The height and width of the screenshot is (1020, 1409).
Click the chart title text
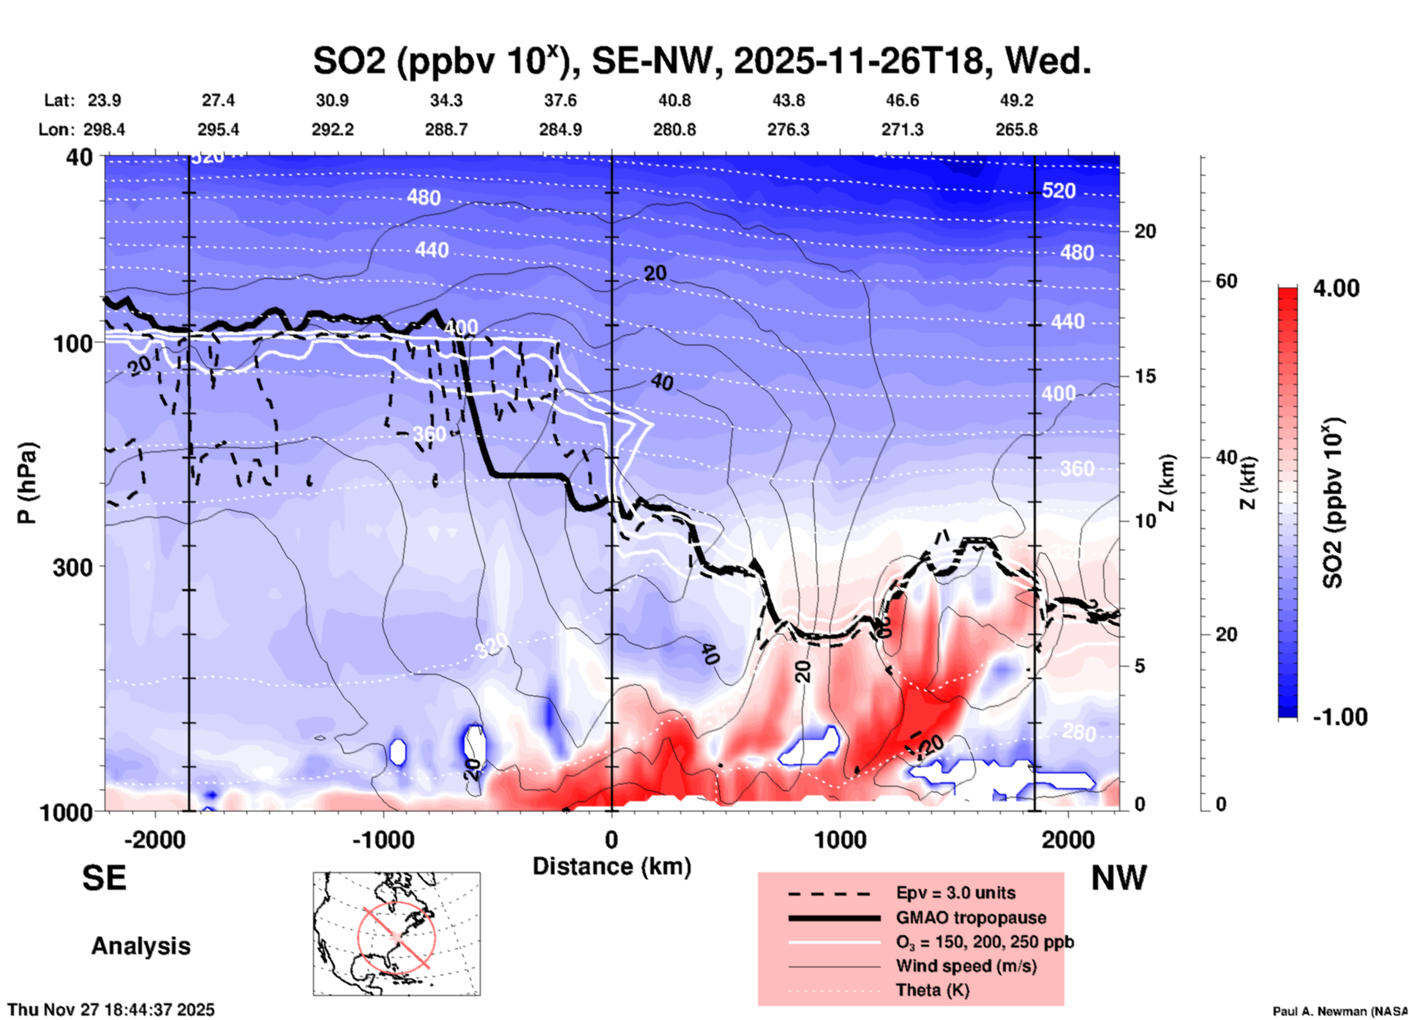(702, 60)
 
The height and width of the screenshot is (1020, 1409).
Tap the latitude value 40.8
(674, 100)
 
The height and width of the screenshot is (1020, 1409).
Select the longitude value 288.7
(446, 130)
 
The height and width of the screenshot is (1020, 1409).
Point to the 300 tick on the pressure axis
(73, 567)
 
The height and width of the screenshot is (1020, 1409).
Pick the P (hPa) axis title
(26, 483)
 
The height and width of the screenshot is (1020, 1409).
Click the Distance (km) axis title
(612, 866)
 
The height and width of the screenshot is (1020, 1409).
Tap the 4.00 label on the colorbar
(1336, 288)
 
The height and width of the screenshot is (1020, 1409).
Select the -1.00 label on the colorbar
(1340, 716)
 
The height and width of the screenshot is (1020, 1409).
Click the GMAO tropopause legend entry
(971, 918)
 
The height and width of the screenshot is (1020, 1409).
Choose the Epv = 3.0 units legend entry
(955, 893)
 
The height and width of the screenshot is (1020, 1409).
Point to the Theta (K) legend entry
(932, 990)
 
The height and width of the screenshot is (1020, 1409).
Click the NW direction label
(1119, 878)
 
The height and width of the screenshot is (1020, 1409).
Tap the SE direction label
(104, 878)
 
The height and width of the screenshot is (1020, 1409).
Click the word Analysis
(140, 946)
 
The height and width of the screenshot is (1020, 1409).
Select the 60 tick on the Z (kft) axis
(1226, 281)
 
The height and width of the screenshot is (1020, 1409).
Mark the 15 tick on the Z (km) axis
(1145, 376)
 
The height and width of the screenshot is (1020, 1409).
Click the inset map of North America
(397, 934)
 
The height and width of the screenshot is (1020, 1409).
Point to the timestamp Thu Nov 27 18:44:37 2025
(111, 1010)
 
